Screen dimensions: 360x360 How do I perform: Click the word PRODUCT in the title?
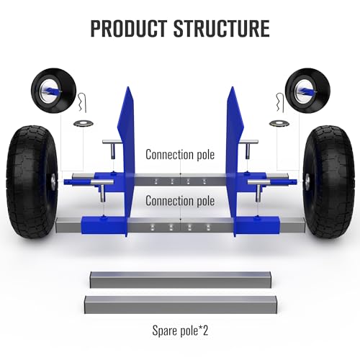129,28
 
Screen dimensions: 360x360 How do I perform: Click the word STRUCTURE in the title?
222,28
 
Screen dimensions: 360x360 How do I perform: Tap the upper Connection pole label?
180,154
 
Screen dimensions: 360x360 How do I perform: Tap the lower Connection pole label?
180,201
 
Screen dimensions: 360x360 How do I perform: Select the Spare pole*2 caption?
180,330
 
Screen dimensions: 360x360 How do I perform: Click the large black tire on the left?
32,181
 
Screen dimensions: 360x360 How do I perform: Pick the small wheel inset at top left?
53,91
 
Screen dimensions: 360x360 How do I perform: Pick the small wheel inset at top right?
307,91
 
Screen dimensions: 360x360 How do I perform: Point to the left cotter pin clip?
83,102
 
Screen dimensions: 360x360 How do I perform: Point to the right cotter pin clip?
280,102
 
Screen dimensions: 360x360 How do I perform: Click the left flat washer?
84,123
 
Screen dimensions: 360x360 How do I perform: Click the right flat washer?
279,123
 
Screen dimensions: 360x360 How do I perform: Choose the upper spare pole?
181,279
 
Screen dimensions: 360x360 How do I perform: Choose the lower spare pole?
181,305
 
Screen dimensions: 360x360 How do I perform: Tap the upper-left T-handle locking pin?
112,148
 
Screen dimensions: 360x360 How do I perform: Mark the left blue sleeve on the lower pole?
104,225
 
